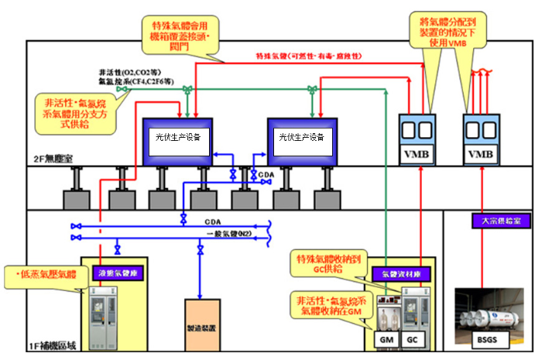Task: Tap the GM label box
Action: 383,339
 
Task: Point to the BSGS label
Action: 485,339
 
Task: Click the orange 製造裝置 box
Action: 201,324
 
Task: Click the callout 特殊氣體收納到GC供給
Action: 325,262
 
